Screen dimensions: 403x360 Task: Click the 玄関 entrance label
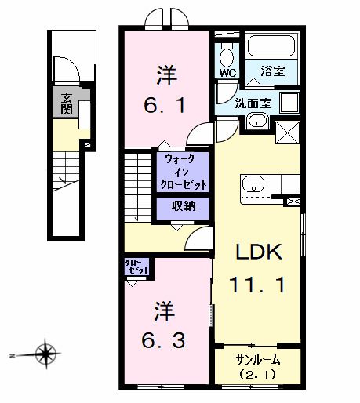click(67, 103)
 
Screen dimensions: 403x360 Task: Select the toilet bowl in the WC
click(227, 55)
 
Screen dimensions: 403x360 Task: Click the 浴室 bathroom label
click(274, 71)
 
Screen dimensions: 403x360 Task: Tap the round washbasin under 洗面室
click(256, 122)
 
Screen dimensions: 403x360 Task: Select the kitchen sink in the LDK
click(253, 185)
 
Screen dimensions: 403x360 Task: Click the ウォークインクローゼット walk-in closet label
click(184, 172)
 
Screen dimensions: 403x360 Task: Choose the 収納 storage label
click(184, 208)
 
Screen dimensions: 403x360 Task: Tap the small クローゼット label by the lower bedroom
click(137, 267)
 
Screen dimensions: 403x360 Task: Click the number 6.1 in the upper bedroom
click(166, 104)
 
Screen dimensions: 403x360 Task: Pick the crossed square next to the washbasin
click(285, 132)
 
